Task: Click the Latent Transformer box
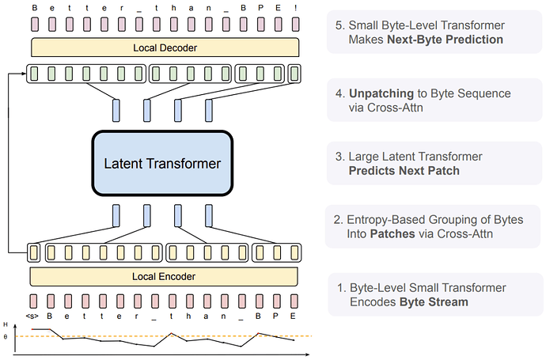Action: (162, 163)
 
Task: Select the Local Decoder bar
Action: (165, 47)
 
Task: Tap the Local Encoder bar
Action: (164, 276)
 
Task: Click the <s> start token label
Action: (32, 316)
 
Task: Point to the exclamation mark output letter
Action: (296, 8)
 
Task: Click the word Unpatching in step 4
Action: (381, 93)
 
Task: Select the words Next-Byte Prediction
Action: (445, 40)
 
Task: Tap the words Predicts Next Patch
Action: (404, 171)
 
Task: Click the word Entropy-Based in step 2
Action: (386, 220)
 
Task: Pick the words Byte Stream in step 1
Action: (434, 302)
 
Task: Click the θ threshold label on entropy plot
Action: (6, 337)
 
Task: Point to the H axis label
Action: (6, 324)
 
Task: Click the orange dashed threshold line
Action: (164, 336)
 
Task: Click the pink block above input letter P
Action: (276, 301)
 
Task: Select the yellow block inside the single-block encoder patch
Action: (34, 252)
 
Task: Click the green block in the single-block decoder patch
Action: (294, 74)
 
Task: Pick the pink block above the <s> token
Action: (33, 301)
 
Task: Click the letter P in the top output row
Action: (261, 8)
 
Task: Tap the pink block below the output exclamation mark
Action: (296, 25)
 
